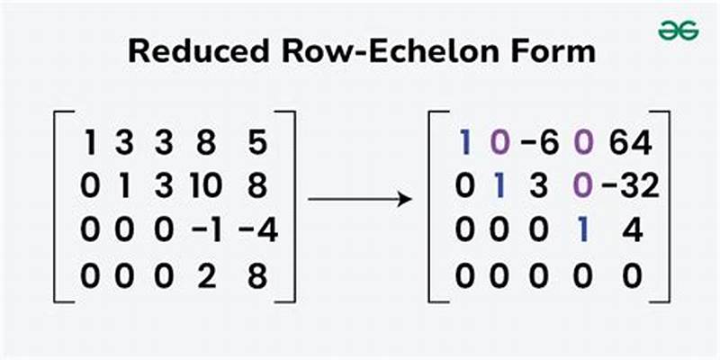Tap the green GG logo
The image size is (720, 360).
point(677,29)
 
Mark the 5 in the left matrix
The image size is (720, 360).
point(257,143)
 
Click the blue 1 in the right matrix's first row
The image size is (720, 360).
point(465,143)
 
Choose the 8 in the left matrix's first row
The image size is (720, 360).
point(209,143)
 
